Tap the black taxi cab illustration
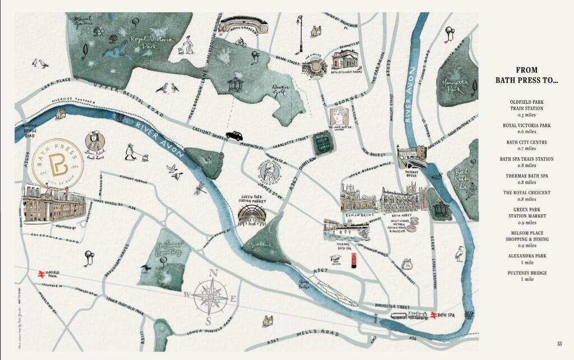[x=234, y=136]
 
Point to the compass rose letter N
[x=212, y=274]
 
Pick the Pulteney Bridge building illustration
[x=411, y=158]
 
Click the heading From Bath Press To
[x=526, y=75]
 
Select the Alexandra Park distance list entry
[x=526, y=259]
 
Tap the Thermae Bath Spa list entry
[x=526, y=179]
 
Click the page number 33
[x=559, y=344]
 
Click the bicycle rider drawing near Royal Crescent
[x=241, y=42]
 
